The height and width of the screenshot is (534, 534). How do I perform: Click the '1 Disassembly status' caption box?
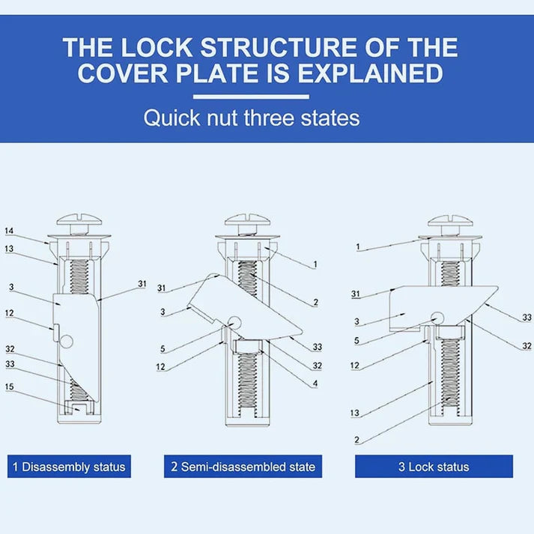point(69,467)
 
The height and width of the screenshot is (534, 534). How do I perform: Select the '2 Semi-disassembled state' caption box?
point(243,467)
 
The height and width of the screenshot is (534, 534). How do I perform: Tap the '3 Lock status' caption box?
point(434,467)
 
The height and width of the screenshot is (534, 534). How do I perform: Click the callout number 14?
point(9,231)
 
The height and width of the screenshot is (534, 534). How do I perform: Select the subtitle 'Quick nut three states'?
point(252,118)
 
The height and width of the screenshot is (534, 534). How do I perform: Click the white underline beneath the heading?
point(251,97)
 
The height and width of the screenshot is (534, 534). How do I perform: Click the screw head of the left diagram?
point(79,224)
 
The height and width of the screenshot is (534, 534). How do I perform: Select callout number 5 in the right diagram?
point(357,342)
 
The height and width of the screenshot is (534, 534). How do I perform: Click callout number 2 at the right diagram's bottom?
point(357,441)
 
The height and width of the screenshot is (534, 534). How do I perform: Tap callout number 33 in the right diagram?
point(527,318)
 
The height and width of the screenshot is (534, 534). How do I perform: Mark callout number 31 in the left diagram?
point(142,283)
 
